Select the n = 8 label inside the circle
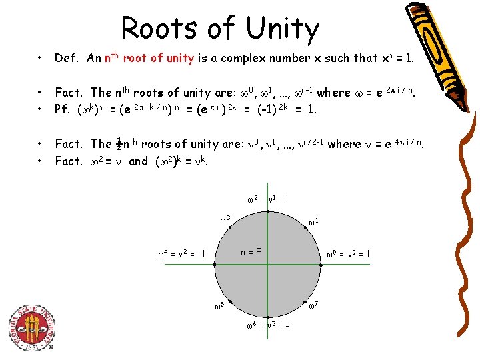(x=250, y=253)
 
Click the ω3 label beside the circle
(x=225, y=219)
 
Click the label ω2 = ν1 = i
(x=267, y=199)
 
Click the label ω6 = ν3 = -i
(x=267, y=325)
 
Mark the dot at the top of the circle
(x=268, y=211)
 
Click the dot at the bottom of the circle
(x=268, y=318)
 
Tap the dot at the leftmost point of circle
(x=215, y=265)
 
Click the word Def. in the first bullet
(x=67, y=58)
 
